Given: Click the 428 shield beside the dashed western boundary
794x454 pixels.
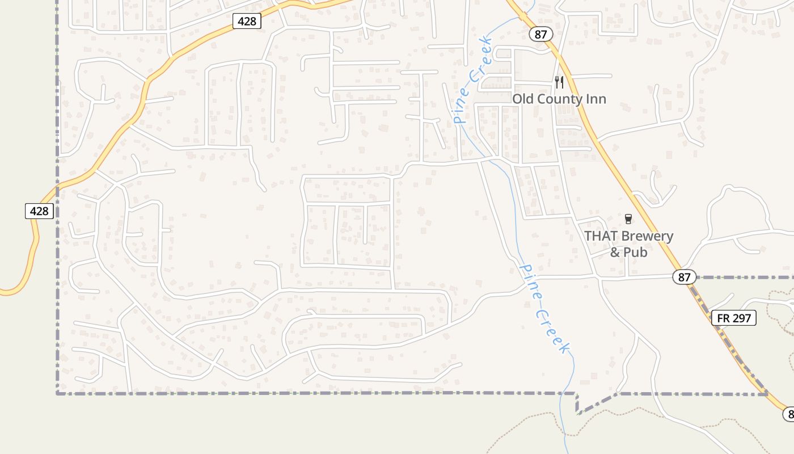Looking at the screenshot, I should tap(39, 211).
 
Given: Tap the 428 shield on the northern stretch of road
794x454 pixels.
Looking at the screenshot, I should tap(247, 22).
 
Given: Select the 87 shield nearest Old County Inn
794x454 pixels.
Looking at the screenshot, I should tap(540, 34).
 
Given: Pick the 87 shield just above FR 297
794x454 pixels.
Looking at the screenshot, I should tap(684, 277).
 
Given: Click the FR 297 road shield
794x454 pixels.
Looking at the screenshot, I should tap(734, 318).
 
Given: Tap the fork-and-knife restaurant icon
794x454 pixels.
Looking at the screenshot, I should tap(559, 82).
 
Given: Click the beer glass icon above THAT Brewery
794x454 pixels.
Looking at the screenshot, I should tap(628, 218).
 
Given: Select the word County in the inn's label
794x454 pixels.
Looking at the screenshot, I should tap(559, 99).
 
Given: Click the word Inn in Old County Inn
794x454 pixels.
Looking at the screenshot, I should tap(597, 99).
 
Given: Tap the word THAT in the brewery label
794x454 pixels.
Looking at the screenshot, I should tap(601, 236).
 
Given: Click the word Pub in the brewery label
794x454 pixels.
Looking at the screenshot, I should tap(636, 251).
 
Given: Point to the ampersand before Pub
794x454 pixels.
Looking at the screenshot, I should tap(615, 251).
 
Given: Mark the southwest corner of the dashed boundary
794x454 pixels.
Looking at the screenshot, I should tap(57, 393).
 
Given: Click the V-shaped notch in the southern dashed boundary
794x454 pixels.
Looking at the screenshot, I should tap(577, 411).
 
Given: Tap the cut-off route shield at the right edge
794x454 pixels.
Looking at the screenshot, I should tap(789, 414).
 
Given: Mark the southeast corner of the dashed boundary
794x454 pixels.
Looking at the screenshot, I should tap(767, 393).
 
